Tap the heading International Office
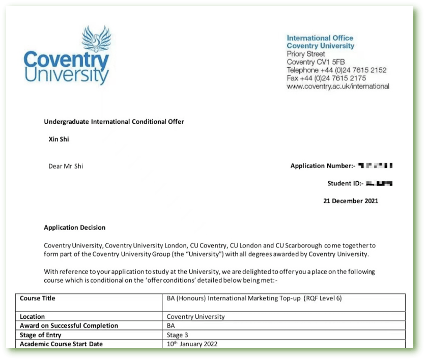click(320, 38)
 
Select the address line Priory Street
click(306, 53)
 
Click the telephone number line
click(336, 70)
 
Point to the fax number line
click(326, 78)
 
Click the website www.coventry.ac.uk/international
click(338, 86)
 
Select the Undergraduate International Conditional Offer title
click(114, 122)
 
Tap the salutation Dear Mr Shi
click(66, 166)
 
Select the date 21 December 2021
click(351, 201)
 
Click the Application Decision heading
click(75, 228)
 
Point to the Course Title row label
click(38, 298)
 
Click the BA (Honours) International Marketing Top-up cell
click(254, 298)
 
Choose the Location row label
click(33, 317)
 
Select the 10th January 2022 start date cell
click(192, 344)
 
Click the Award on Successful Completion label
click(69, 326)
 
